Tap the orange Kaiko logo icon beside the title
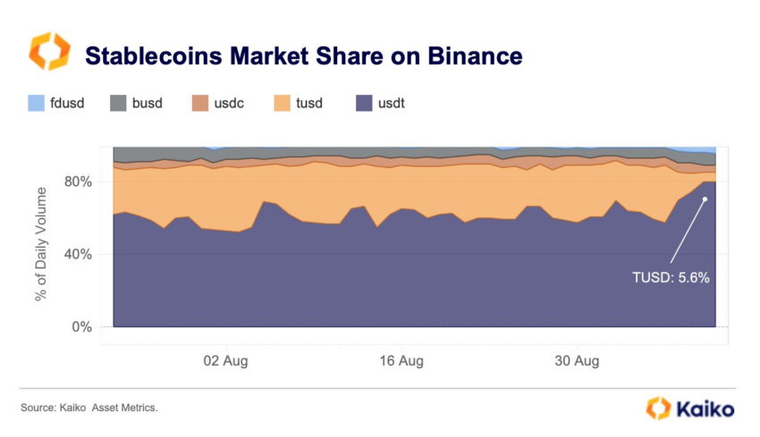pyautogui.click(x=49, y=53)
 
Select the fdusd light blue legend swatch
pyautogui.click(x=37, y=103)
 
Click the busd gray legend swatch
pyautogui.click(x=119, y=103)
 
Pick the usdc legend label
pyautogui.click(x=228, y=104)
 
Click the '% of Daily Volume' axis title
pyautogui.click(x=41, y=243)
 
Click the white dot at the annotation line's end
pyautogui.click(x=705, y=198)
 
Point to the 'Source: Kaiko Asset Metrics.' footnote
pyautogui.click(x=89, y=408)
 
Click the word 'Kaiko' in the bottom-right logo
pyautogui.click(x=705, y=409)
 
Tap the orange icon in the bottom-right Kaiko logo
pyautogui.click(x=658, y=408)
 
